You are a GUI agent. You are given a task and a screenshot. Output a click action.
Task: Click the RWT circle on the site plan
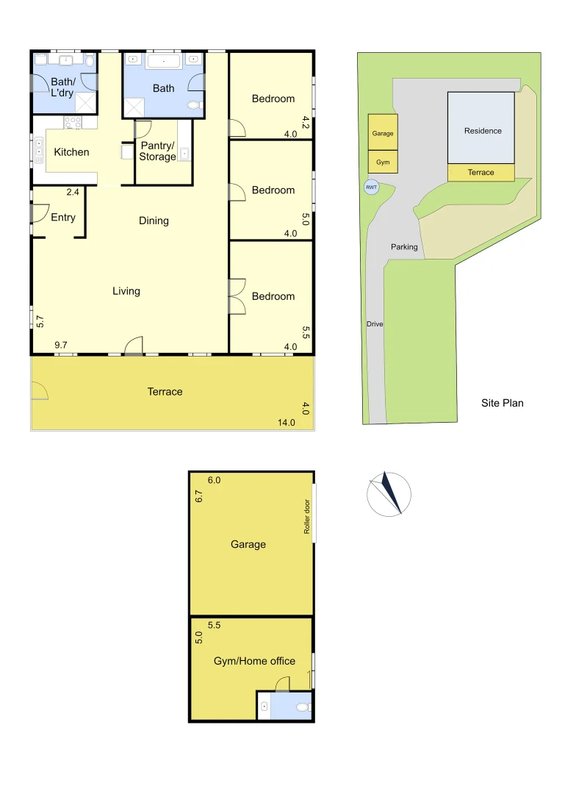point(372,187)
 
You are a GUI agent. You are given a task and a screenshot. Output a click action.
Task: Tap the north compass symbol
point(389,493)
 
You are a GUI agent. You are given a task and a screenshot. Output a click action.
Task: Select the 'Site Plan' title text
point(502,403)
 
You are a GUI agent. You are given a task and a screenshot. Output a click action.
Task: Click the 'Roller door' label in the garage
point(307,516)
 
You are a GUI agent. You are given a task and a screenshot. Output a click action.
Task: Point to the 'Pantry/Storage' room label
point(158,151)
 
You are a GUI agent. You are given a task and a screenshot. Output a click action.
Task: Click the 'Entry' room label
point(63,217)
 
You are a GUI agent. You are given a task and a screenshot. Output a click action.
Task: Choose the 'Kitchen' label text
point(72,152)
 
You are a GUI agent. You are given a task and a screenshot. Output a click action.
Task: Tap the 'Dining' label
point(154,221)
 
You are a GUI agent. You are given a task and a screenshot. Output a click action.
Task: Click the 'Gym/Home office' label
point(254,661)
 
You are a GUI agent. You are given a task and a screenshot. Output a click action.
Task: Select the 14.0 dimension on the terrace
point(286,422)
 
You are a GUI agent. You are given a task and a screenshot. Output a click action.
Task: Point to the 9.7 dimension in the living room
point(61,345)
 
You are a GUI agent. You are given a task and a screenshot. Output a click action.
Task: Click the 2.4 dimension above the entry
point(73,192)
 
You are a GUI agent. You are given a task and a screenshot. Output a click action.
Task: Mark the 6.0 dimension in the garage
point(214,480)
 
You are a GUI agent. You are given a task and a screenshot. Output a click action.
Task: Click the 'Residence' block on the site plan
point(482,130)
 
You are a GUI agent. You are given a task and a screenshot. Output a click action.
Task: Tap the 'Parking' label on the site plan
point(404,247)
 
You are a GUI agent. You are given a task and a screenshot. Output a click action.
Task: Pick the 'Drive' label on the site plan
point(375,324)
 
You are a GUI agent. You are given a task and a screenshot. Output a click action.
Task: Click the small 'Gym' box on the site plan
point(383,162)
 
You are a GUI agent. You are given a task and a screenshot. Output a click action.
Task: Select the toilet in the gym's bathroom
point(302,708)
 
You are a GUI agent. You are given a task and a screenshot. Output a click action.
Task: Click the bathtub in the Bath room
point(164,61)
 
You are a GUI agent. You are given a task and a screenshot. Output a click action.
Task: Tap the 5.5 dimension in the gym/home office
point(215,625)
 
